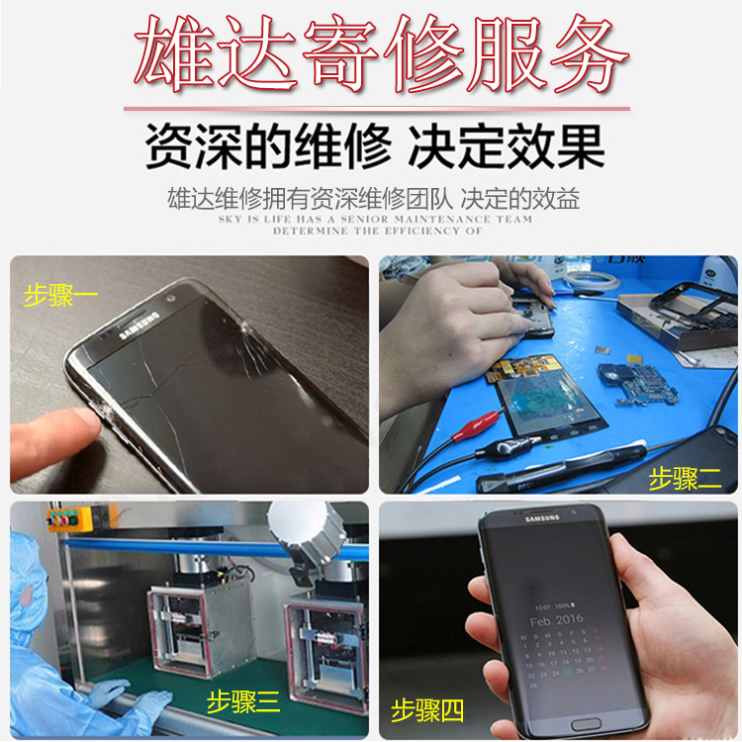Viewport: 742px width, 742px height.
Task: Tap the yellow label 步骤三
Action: (243, 703)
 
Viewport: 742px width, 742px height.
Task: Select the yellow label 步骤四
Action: (428, 709)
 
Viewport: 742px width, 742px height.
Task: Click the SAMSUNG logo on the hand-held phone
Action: (541, 518)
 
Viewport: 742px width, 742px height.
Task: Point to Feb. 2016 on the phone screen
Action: (557, 620)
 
